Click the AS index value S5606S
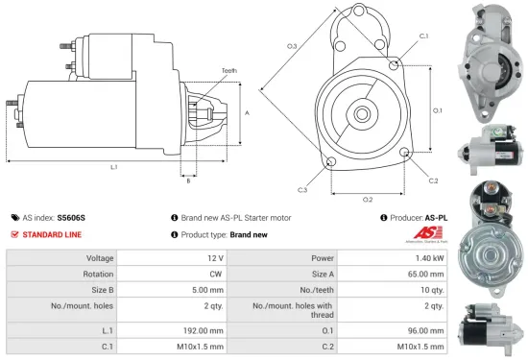click(71, 218)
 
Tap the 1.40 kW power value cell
click(430, 258)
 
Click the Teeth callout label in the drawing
click(228, 70)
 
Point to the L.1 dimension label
click(112, 167)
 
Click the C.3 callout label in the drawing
click(301, 190)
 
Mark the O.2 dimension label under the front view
click(367, 200)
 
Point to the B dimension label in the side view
click(188, 180)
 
